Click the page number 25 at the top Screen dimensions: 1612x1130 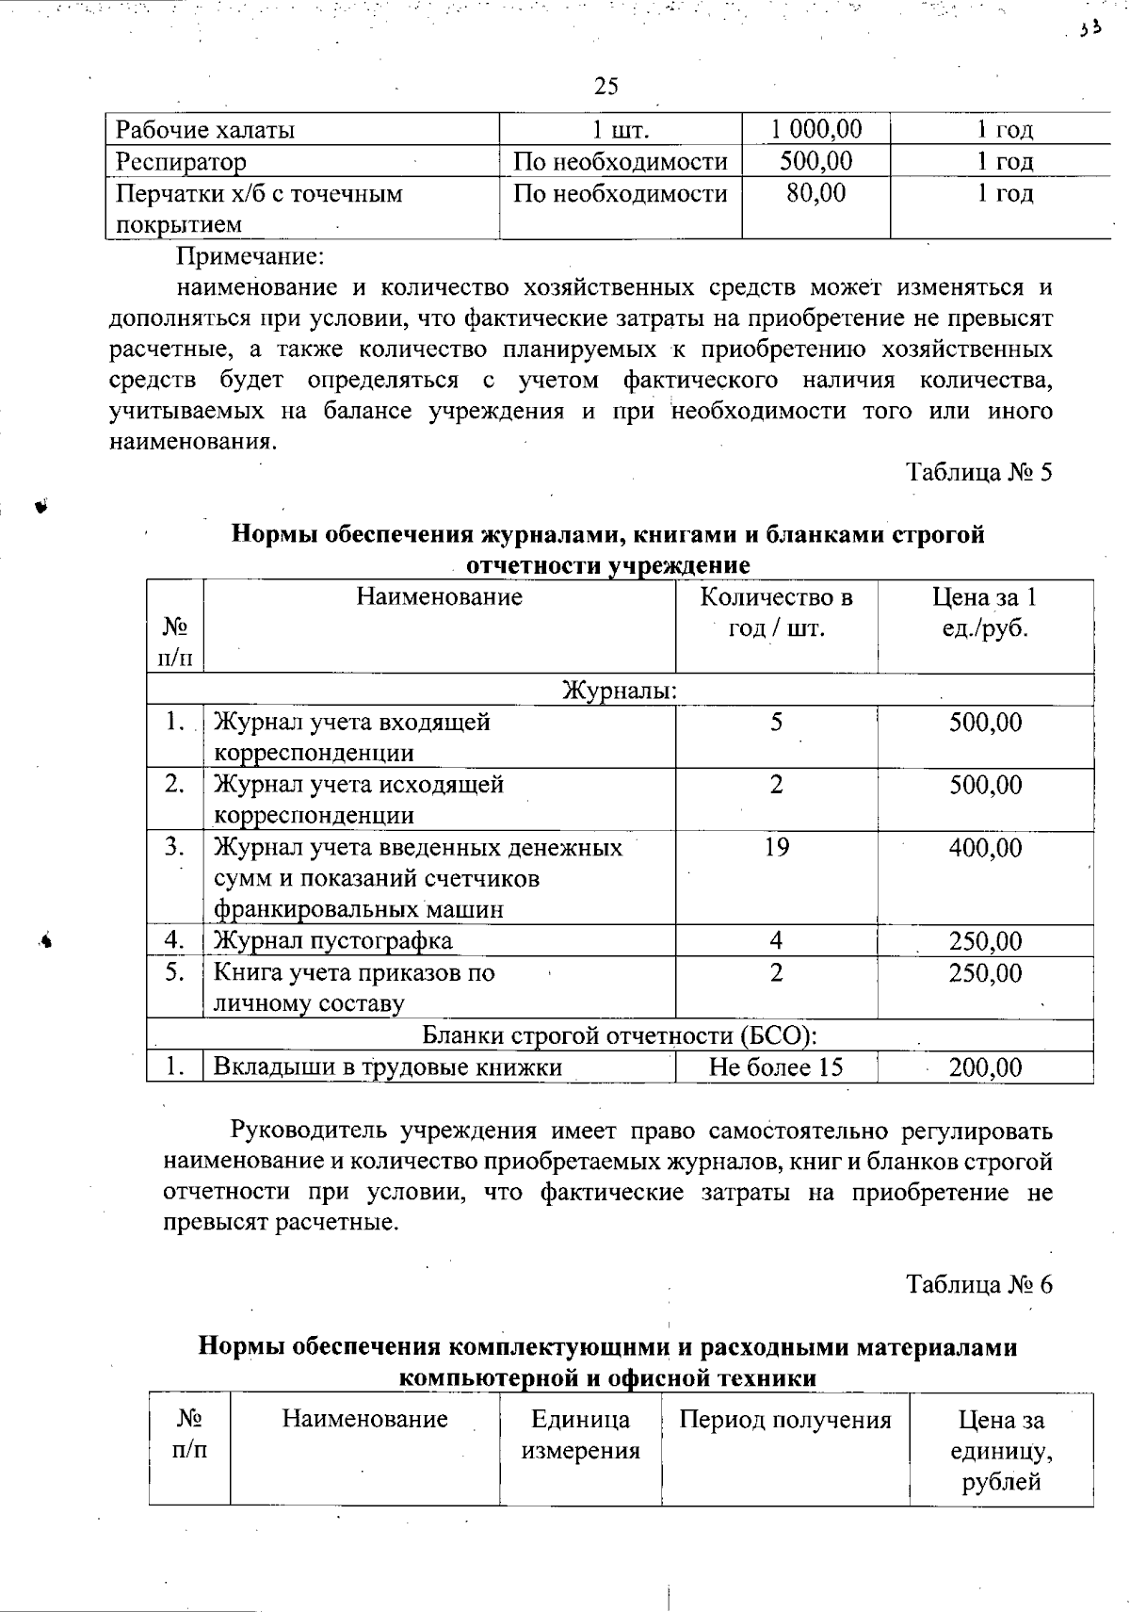(606, 87)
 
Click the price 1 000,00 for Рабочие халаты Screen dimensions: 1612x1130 (815, 130)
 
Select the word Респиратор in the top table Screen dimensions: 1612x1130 (181, 162)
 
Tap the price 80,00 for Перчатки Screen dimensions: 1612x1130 (815, 193)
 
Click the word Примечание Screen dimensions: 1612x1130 (251, 255)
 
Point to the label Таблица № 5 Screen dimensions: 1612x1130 (978, 472)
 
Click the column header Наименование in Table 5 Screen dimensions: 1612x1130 (439, 596)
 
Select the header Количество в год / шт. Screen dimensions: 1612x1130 (777, 612)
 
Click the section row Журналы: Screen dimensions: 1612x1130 (620, 691)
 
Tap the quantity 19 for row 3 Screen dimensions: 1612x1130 (776, 847)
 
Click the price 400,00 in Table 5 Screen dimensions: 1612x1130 (985, 848)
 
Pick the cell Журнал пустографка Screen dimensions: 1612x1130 (333, 940)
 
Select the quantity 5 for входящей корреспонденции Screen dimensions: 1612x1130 (776, 723)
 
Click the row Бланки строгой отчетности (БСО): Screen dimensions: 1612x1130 (619, 1035)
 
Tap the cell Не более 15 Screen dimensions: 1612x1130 (776, 1067)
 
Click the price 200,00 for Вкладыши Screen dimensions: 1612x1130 (985, 1067)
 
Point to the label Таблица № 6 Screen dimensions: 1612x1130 (978, 1284)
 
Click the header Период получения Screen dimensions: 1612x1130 (785, 1420)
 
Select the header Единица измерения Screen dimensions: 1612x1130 (580, 1435)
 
